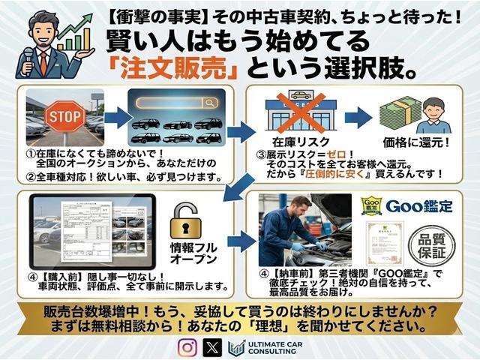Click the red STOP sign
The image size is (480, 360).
click(x=64, y=117)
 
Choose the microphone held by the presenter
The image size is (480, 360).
click(x=28, y=57)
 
